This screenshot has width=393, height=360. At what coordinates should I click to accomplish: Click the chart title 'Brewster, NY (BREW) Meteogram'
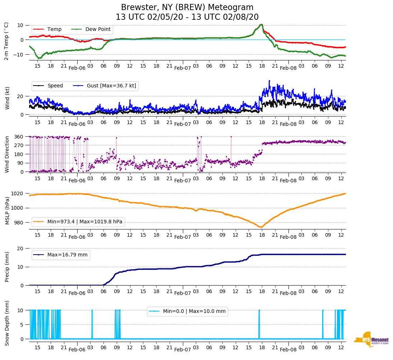[x=187, y=8]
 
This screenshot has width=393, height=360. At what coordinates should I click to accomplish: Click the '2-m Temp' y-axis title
[x=6, y=41]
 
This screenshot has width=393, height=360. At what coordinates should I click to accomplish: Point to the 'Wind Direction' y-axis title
[x=7, y=154]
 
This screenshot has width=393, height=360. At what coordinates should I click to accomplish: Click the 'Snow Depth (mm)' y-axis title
[x=7, y=323]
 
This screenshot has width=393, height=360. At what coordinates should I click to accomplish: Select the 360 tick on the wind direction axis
[x=19, y=137]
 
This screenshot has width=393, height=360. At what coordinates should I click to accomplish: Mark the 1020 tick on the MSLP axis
[x=18, y=193]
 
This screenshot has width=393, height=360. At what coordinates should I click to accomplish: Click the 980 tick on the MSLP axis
[x=19, y=223]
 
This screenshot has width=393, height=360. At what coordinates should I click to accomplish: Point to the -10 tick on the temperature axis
[x=18, y=54]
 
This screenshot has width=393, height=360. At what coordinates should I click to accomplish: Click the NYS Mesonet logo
[x=371, y=340]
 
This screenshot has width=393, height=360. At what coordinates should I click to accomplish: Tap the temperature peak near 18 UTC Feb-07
[x=261, y=24]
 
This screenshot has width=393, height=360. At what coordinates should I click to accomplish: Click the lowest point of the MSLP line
[x=261, y=227]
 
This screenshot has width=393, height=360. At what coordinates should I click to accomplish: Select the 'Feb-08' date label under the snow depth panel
[x=288, y=350]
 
